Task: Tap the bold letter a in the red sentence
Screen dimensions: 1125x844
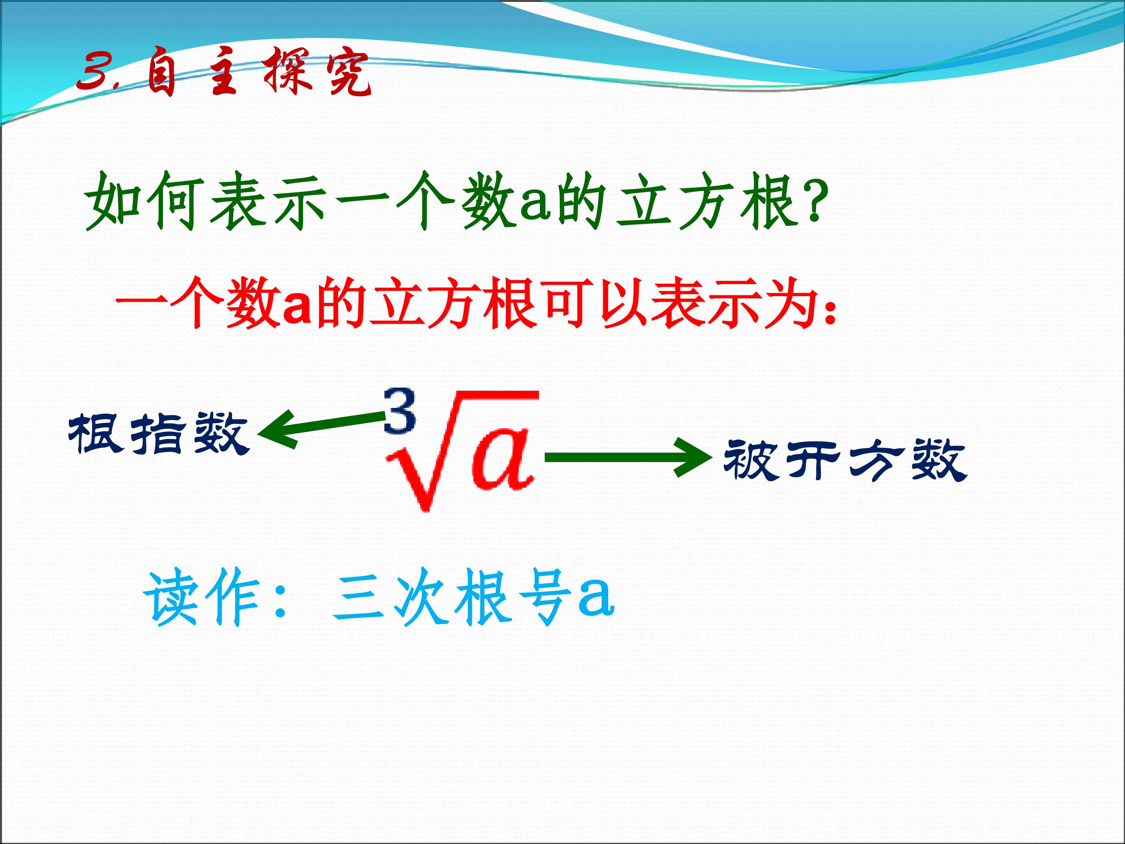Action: tap(296, 308)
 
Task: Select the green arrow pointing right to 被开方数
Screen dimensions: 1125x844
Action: tap(629, 457)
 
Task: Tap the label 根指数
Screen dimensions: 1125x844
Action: tap(158, 433)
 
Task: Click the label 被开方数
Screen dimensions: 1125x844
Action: tap(845, 460)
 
